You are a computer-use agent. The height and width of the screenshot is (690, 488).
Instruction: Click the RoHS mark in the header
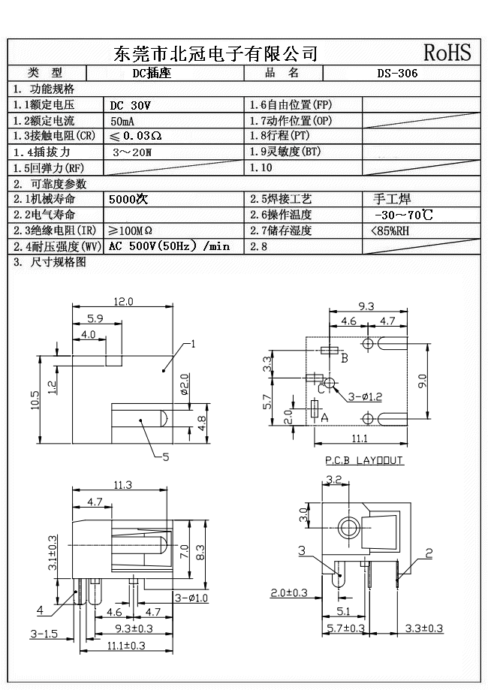click(447, 52)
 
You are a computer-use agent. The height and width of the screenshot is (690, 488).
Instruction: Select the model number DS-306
click(397, 74)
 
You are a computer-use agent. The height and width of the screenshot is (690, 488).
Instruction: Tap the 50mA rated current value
click(124, 121)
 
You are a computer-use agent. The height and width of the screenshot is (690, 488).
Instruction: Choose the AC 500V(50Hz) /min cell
click(169, 246)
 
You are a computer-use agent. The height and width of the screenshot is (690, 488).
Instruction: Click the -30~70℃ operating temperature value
click(402, 215)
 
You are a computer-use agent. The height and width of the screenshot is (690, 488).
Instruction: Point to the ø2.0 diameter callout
click(185, 388)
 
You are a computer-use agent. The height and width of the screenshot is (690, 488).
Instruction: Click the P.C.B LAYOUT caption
click(364, 459)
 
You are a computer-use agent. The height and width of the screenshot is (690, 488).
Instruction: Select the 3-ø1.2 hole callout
click(366, 395)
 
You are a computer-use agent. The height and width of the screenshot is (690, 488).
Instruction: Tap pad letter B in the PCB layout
click(345, 358)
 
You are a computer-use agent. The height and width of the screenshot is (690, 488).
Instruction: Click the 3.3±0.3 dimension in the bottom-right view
click(424, 628)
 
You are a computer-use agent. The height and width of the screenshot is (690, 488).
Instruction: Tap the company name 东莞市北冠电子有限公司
click(215, 53)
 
